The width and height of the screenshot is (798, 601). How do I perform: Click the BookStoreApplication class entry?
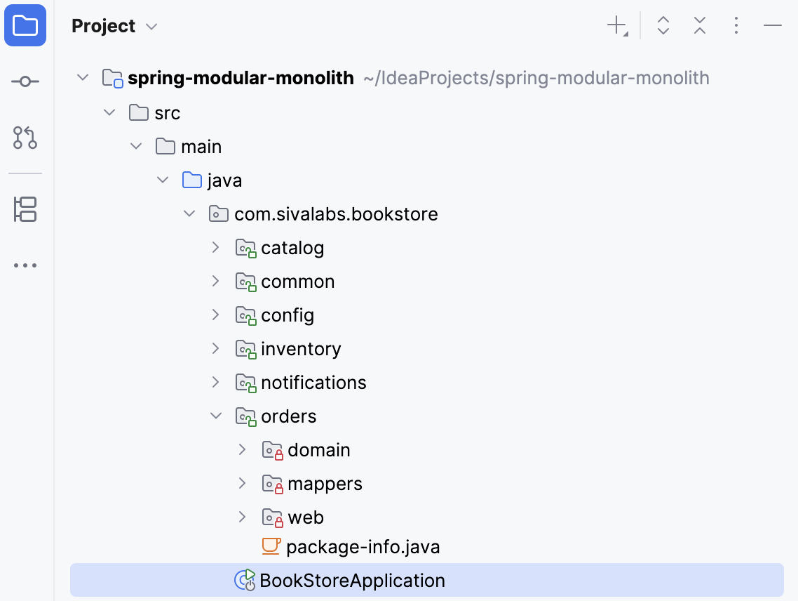click(x=352, y=581)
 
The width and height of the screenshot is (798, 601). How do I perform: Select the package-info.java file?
click(x=363, y=547)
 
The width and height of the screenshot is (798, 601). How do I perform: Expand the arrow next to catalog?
click(x=216, y=247)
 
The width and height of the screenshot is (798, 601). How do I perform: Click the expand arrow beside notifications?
click(x=216, y=382)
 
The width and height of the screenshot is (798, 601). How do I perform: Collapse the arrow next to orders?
click(x=216, y=416)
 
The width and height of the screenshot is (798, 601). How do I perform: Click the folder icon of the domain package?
click(x=272, y=450)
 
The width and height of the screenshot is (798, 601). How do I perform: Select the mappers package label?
click(x=325, y=484)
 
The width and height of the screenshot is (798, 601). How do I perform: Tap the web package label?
click(x=306, y=517)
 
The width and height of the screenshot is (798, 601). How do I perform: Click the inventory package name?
click(x=301, y=349)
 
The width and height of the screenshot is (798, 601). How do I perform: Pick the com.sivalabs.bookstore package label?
click(x=336, y=214)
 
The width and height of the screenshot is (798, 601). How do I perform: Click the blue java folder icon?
click(x=191, y=180)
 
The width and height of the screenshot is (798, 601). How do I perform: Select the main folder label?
click(x=201, y=147)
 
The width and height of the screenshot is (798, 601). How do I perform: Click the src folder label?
click(x=168, y=113)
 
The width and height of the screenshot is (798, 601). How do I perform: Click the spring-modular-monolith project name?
click(x=241, y=78)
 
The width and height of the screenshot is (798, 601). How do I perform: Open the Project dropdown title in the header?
click(x=114, y=26)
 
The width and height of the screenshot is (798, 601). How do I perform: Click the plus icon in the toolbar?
click(x=616, y=26)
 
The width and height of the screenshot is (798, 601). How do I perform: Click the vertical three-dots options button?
click(x=736, y=26)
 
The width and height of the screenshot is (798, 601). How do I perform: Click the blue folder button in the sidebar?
click(x=25, y=26)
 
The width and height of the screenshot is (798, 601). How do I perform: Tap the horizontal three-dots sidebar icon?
click(x=25, y=266)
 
